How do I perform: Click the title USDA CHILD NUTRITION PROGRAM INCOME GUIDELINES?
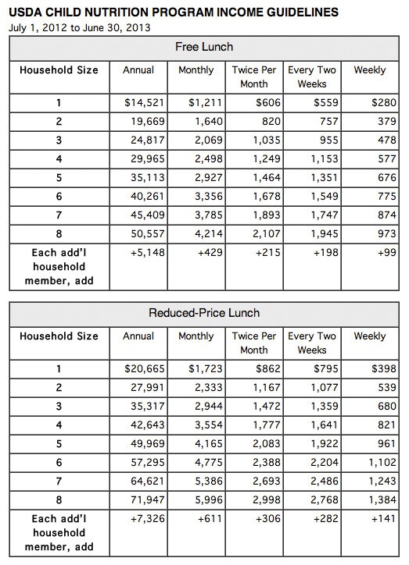pyautogui.click(x=173, y=12)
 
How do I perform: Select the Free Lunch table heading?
pyautogui.click(x=205, y=47)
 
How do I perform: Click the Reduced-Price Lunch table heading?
pyautogui.click(x=205, y=313)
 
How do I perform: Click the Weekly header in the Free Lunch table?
pyautogui.click(x=370, y=70)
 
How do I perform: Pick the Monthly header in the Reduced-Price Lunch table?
pyautogui.click(x=196, y=336)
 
